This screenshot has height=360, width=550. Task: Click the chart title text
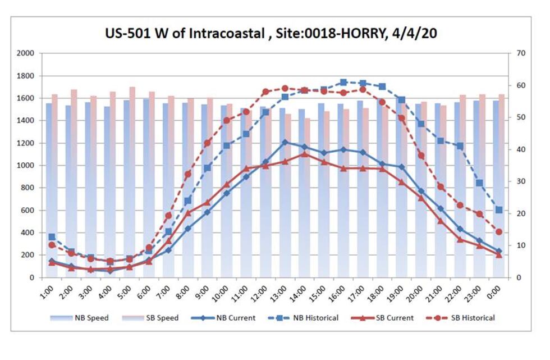coord(271,33)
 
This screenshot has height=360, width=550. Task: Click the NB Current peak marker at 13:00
coord(285,142)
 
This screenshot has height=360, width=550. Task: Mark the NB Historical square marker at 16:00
coord(343,82)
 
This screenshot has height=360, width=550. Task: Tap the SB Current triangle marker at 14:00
coord(305,154)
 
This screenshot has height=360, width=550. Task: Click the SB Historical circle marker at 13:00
coord(285,88)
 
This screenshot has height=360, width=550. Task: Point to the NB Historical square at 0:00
coord(499,210)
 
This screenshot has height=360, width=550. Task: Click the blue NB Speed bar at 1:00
coord(49,191)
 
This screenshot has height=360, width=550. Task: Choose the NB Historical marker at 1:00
coord(52,237)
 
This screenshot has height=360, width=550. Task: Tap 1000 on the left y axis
coord(26,166)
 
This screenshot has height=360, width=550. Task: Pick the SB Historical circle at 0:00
coord(499,232)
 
